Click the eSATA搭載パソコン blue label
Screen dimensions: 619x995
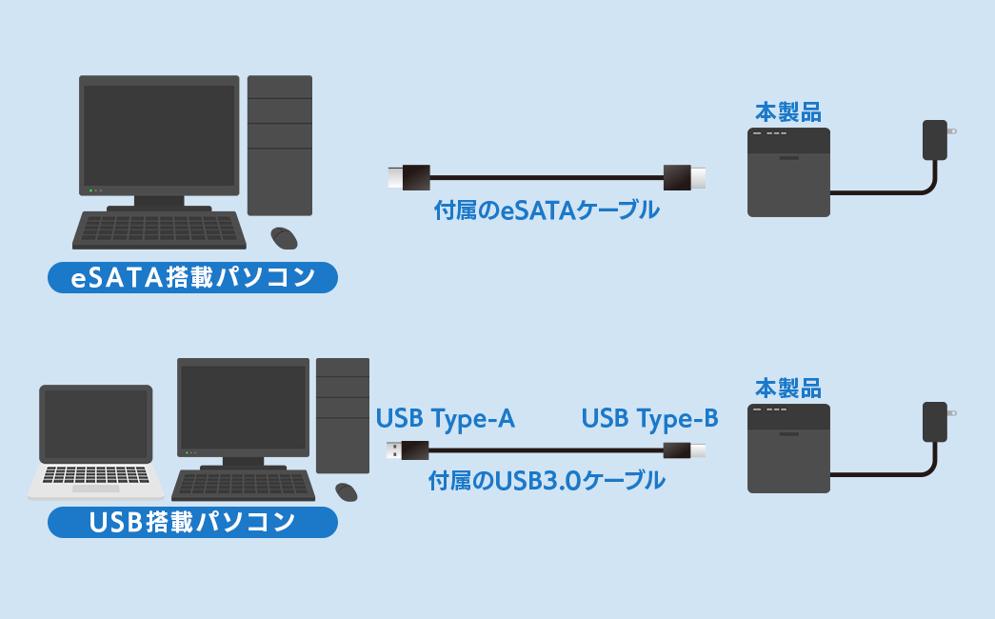click(x=193, y=277)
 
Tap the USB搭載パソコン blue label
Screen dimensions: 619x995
click(x=192, y=522)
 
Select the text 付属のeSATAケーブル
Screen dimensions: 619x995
click(x=546, y=210)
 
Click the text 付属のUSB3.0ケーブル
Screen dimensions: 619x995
click(x=547, y=481)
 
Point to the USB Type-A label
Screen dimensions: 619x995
click(x=446, y=419)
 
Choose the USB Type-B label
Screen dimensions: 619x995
click(x=649, y=419)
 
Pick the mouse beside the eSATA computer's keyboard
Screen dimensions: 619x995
click(x=284, y=236)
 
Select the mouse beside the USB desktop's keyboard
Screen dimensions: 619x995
click(x=347, y=491)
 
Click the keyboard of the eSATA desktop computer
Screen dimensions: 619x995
click(x=158, y=230)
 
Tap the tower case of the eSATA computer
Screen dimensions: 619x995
click(x=280, y=145)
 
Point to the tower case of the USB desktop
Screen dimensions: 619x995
click(x=343, y=415)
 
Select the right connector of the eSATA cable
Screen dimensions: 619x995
click(x=685, y=177)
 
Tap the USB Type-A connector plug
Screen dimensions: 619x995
click(x=407, y=450)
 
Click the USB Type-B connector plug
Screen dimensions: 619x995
click(x=684, y=450)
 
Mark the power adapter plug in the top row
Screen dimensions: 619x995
click(x=936, y=139)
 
